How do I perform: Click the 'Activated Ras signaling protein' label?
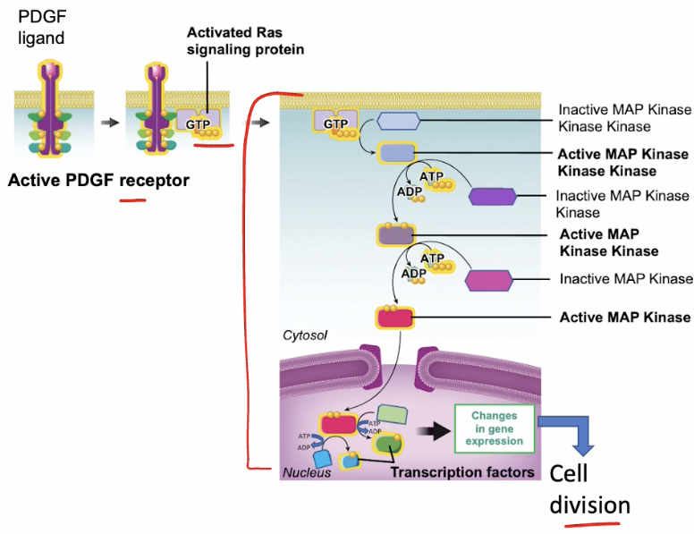[x=244, y=40]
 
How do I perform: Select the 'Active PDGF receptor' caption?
[x=98, y=181]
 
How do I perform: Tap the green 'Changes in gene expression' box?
[x=494, y=428]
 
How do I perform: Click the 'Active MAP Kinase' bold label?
[x=624, y=317]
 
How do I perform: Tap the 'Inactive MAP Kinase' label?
[x=626, y=279]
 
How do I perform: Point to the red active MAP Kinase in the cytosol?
[x=395, y=318]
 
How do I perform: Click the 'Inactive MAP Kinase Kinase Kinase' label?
[x=624, y=118]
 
